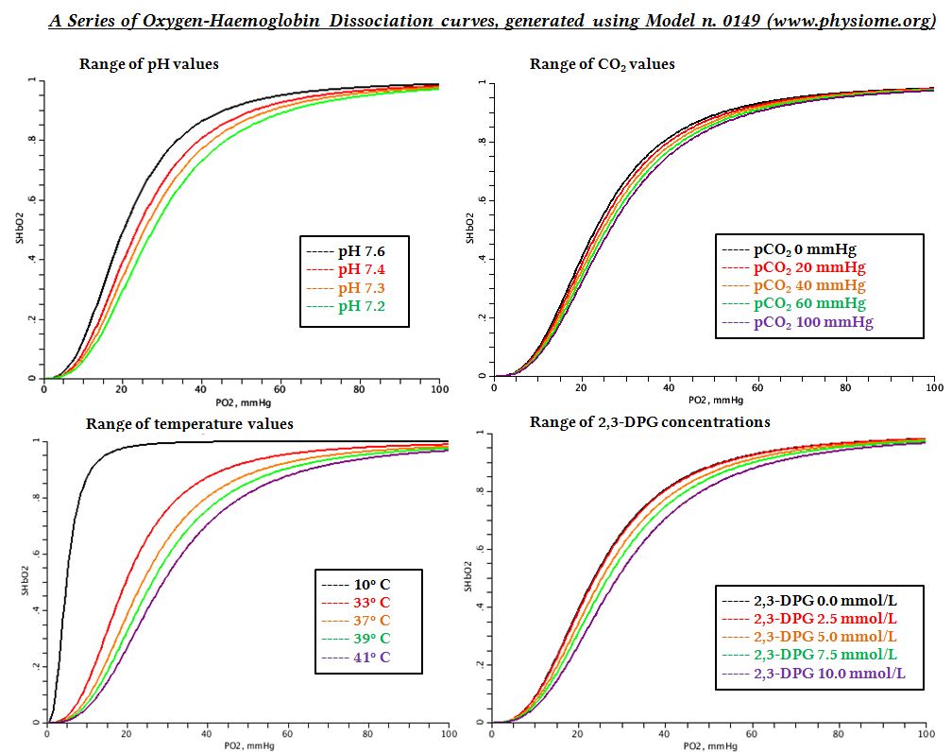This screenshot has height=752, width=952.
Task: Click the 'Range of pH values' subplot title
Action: pos(149,64)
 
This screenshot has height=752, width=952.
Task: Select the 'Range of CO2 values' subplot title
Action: pos(602,64)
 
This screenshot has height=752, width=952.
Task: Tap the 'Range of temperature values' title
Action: pos(189,423)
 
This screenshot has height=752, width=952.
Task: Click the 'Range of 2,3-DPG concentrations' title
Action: pos(649,421)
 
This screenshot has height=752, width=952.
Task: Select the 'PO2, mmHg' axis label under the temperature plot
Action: pos(243,745)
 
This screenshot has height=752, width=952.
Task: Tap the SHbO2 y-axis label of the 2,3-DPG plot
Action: pos(469,579)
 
